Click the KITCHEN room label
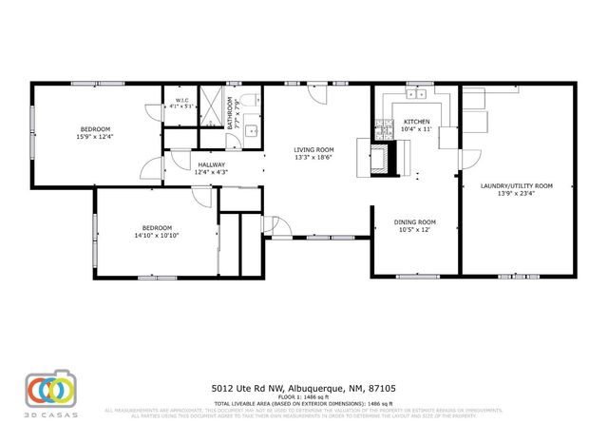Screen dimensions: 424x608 point(417,122)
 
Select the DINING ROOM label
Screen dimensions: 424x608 point(414,222)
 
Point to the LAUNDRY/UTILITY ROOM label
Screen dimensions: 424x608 point(517,185)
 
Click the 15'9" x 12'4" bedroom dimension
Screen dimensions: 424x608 point(95,137)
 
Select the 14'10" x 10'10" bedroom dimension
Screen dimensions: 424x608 point(157,235)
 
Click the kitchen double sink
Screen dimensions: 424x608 point(416,97)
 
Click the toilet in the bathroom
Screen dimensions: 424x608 point(249,100)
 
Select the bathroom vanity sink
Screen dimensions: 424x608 point(251,132)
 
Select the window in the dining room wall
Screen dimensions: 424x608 point(418,277)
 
